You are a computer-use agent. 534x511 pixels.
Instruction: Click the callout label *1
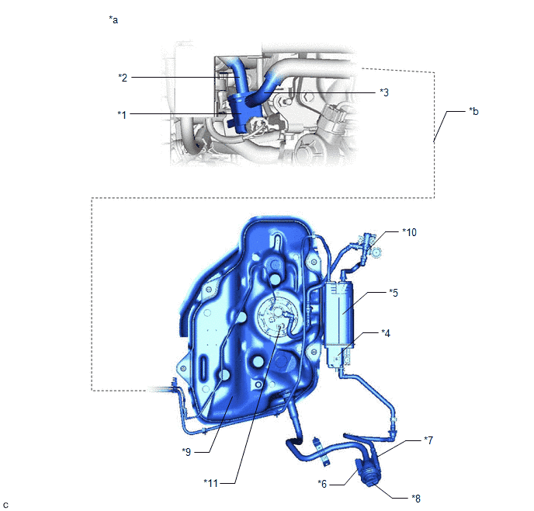pyautogui.click(x=122, y=115)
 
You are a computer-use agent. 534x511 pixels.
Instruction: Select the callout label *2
pyautogui.click(x=123, y=78)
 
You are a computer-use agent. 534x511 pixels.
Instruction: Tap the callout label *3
pyautogui.click(x=384, y=92)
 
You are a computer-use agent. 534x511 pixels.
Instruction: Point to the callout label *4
pyautogui.click(x=386, y=333)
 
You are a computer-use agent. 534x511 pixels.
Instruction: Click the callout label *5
pyautogui.click(x=394, y=293)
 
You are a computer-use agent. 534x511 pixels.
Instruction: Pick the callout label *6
pyautogui.click(x=322, y=484)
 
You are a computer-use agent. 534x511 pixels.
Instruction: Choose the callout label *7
pyautogui.click(x=428, y=440)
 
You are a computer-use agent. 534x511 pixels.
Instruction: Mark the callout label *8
pyautogui.click(x=416, y=499)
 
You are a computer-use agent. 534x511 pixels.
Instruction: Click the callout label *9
pyautogui.click(x=186, y=452)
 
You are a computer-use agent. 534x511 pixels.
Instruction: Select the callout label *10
pyautogui.click(x=409, y=232)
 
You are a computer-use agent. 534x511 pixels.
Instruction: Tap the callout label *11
pyautogui.click(x=210, y=483)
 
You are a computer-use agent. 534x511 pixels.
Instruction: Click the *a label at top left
pyautogui.click(x=113, y=19)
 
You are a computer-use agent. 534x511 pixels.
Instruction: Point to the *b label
pyautogui.click(x=473, y=111)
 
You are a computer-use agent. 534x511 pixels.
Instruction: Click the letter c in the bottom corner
pyautogui.click(x=5, y=505)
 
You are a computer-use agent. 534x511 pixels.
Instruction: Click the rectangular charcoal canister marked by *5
pyautogui.click(x=338, y=314)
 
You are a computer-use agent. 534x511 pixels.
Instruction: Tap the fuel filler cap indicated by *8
pyautogui.click(x=369, y=473)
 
